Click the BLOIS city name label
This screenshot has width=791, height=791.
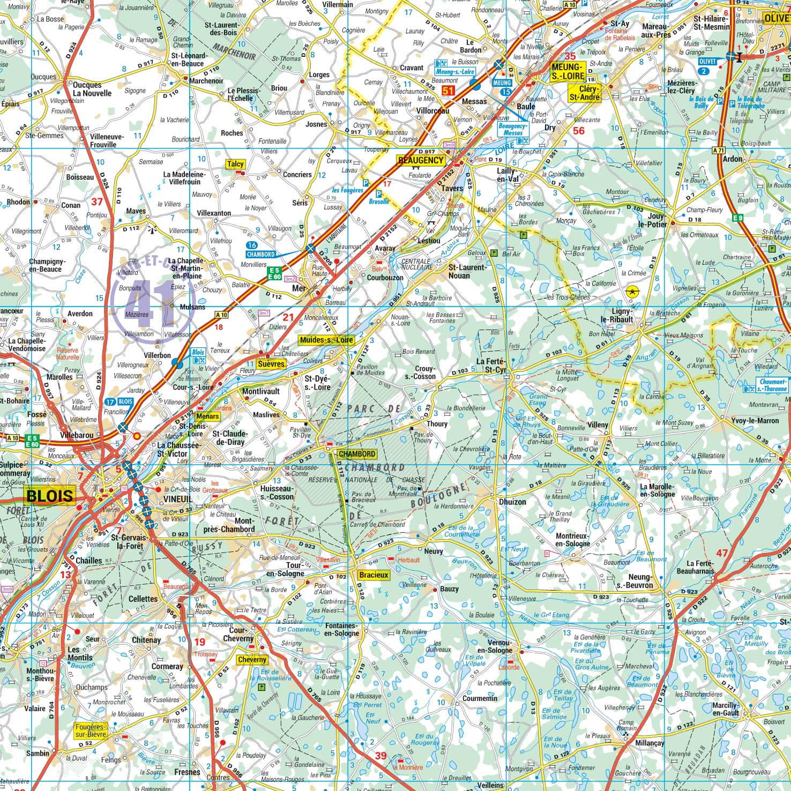(x=49, y=495)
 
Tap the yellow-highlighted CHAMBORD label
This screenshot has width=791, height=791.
(x=357, y=454)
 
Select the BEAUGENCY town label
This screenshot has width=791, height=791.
(x=421, y=160)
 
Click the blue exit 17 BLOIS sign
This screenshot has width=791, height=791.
(x=120, y=401)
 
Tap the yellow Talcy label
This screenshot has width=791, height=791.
(x=235, y=165)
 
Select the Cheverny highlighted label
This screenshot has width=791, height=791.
(x=252, y=660)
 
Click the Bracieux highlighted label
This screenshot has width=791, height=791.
(x=374, y=575)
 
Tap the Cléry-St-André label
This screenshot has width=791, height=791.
(x=584, y=93)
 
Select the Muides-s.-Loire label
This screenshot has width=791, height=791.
(x=326, y=340)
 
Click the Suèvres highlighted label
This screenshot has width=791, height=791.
(x=271, y=364)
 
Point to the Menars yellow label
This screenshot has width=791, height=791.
(x=207, y=416)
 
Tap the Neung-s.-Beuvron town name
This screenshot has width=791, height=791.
(x=636, y=581)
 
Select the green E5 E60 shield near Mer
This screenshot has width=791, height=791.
(x=275, y=273)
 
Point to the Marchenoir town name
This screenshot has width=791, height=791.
(x=206, y=81)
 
